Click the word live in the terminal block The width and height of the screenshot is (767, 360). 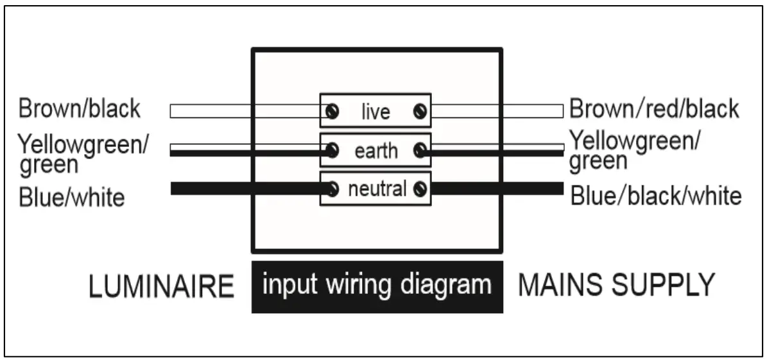pos(375,112)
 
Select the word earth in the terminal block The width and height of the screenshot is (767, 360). pos(376,151)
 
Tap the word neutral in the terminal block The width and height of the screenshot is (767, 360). pos(377,189)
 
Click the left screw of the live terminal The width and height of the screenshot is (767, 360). pos(332,112)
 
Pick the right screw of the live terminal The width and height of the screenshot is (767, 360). pos(420,112)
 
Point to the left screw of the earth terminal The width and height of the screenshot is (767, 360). pos(332,151)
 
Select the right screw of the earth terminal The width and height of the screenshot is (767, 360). pos(420,151)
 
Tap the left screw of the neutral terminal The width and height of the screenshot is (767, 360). pos(332,189)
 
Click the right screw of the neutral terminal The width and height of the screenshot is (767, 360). pos(420,189)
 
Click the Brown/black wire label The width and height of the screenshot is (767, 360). pos(80,109)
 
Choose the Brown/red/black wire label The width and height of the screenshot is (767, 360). pos(654,110)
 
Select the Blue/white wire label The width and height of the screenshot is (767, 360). pos(71,196)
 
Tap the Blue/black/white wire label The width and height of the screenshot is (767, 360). pos(656,195)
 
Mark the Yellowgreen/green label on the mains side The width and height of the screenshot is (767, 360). pos(635,150)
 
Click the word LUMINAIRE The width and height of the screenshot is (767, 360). pos(161,286)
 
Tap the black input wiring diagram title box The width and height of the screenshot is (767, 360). pos(377,286)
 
